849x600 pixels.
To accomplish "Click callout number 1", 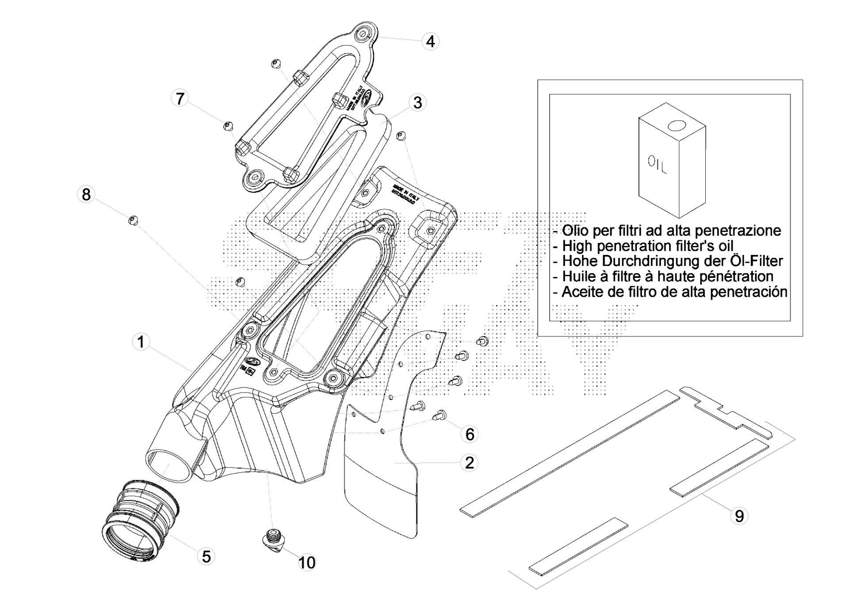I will [141, 342].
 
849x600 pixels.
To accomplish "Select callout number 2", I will [469, 462].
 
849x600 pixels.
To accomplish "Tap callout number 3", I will [417, 103].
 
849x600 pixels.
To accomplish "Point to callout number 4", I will [430, 41].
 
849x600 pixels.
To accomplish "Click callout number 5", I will [207, 556].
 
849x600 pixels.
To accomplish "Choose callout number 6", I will [470, 434].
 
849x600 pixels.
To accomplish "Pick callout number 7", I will [180, 98].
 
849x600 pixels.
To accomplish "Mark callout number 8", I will [86, 194].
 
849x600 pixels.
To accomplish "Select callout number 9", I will [739, 515].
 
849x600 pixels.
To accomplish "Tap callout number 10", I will [307, 562].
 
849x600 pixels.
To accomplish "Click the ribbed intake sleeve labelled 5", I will [139, 518].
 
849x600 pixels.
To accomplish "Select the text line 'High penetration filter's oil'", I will [647, 246].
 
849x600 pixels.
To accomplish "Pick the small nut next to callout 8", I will [133, 219].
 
